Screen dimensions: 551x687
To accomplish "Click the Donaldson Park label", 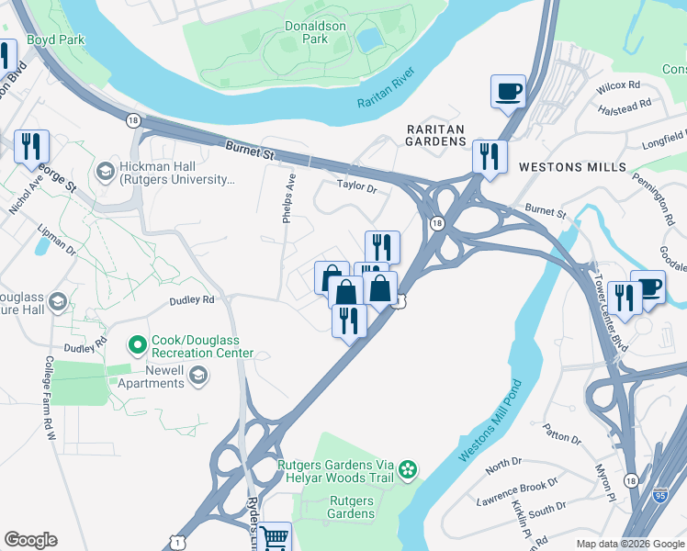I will point(315,33).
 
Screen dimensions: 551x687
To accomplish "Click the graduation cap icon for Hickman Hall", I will point(105,172).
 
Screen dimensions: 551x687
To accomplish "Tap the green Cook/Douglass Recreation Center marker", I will point(138,345).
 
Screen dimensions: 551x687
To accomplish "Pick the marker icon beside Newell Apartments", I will point(197,376).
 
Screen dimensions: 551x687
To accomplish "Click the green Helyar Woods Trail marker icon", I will point(408,472).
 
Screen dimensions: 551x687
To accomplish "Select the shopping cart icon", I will point(275,537).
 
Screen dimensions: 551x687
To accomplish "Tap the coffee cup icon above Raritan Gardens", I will point(508,91).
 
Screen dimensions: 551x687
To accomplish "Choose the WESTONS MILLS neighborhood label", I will point(571,167).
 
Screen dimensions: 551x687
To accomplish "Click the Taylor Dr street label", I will point(357,186).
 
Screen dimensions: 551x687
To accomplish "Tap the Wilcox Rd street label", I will point(616,85).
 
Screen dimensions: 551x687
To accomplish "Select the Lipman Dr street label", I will point(58,242).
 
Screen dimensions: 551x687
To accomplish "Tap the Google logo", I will point(30,540).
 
